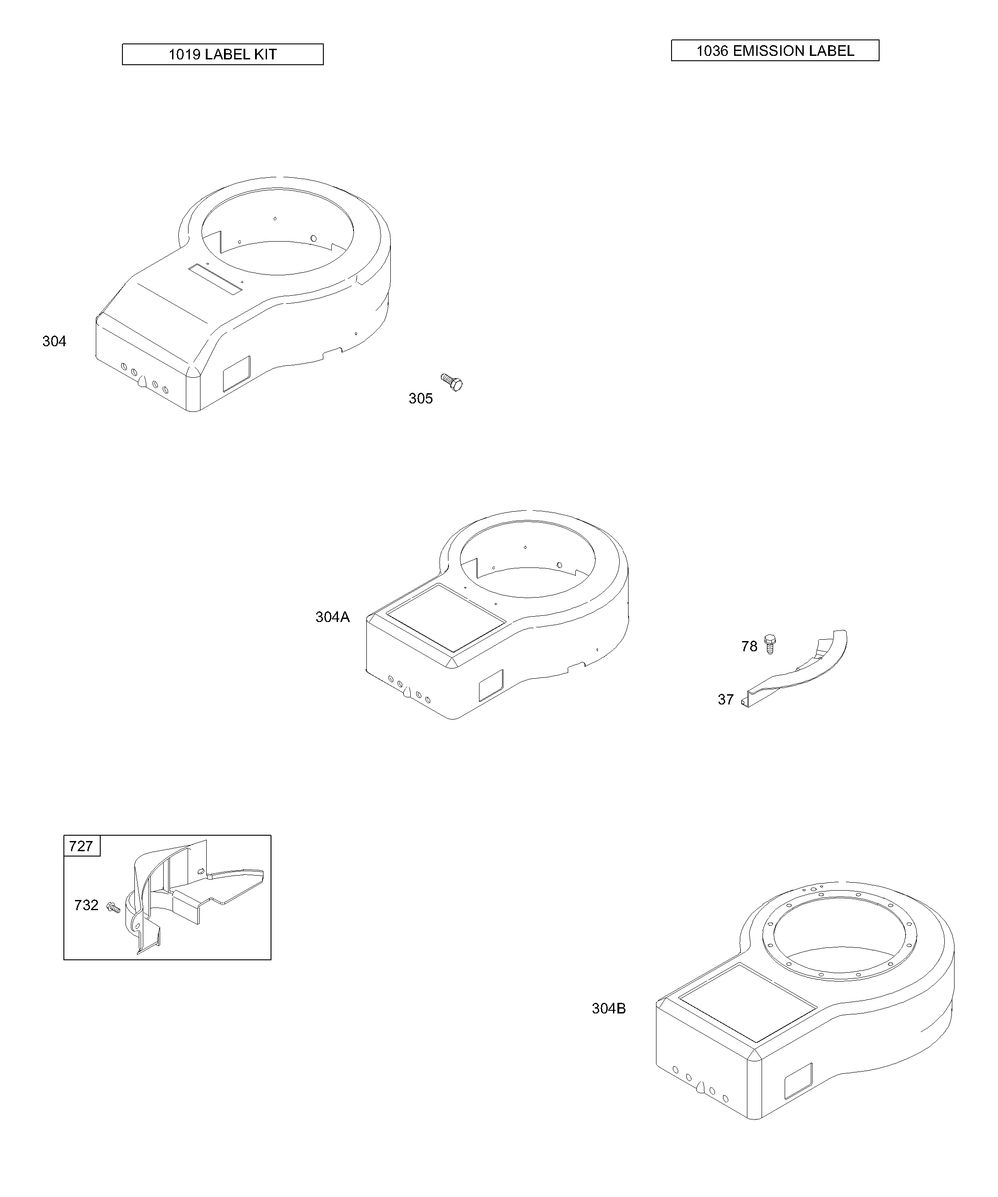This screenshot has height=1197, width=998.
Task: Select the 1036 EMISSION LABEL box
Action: point(775,51)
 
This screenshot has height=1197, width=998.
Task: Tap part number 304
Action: point(54,341)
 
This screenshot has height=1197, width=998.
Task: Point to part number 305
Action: point(421,399)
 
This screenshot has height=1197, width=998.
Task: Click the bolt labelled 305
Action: point(452,382)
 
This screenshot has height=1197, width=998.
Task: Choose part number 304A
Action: point(333,617)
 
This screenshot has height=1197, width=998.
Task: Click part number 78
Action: point(749,646)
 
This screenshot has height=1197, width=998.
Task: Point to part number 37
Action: point(726,700)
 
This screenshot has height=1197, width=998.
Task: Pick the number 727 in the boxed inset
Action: point(81,846)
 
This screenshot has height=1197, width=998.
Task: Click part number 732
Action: point(86,906)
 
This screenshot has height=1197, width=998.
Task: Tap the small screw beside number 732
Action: point(114,906)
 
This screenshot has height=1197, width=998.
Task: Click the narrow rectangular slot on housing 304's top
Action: point(216,278)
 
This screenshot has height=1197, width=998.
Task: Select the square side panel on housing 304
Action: point(236,374)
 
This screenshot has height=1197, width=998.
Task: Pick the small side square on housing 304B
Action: point(798,1081)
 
